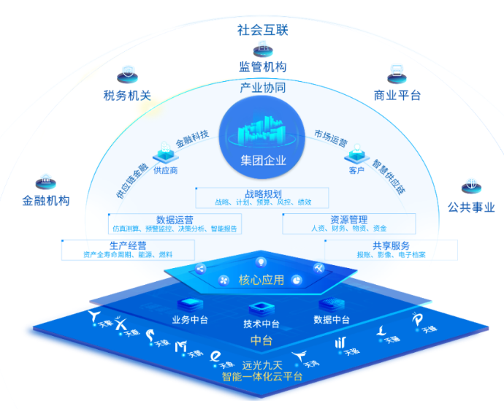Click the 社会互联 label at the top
(x=262, y=30)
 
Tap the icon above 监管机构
(x=262, y=50)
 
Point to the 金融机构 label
(x=46, y=199)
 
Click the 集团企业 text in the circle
(x=263, y=160)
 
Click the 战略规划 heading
(x=262, y=194)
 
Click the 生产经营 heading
(x=128, y=245)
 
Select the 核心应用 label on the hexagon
(x=261, y=280)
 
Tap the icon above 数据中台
(x=330, y=305)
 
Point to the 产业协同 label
(x=262, y=88)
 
